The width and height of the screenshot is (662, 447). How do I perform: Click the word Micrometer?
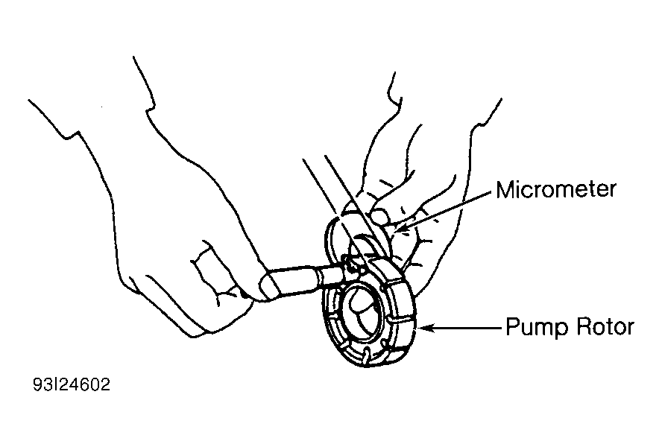click(x=555, y=189)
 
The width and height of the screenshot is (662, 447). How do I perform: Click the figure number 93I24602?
click(x=72, y=384)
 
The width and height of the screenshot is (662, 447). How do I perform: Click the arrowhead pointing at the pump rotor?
click(x=425, y=328)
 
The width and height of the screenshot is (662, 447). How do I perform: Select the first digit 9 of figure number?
click(x=37, y=384)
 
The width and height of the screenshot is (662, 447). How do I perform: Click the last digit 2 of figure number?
click(x=106, y=384)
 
